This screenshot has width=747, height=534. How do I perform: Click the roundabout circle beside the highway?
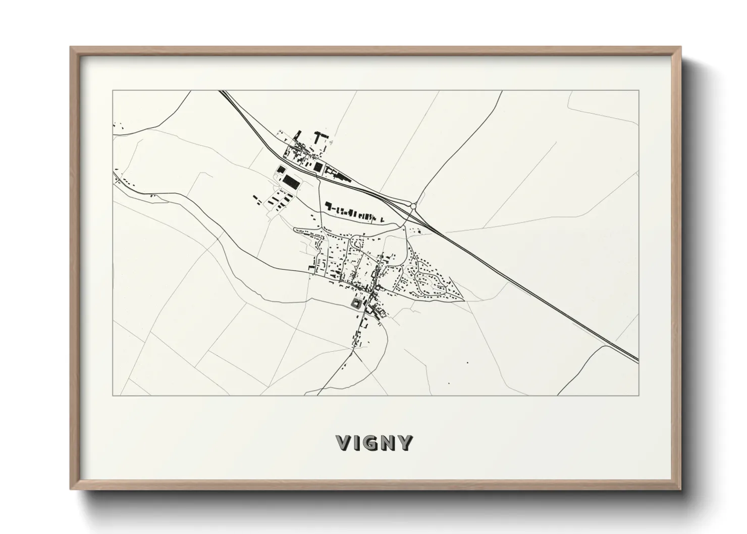click(413, 206)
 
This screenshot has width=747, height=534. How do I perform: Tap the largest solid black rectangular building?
click(290, 181)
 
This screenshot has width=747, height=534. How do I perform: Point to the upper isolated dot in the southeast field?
click(467, 362)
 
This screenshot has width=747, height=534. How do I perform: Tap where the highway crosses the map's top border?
click(222, 91)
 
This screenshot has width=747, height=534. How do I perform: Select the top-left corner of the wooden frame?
click(71, 47)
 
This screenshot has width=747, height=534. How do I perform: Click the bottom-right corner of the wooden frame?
click(681, 489)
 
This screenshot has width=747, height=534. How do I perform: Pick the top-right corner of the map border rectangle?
click(638, 90)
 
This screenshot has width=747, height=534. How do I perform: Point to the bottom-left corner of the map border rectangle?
click(113, 395)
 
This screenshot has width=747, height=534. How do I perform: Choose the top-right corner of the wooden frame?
click(681, 47)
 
